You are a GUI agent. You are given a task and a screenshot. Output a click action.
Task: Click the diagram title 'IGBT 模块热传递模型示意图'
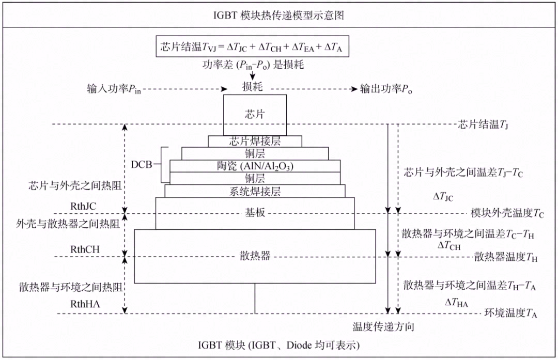pyautogui.click(x=279, y=15)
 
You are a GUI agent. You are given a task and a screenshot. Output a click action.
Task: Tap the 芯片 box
pyautogui.click(x=254, y=115)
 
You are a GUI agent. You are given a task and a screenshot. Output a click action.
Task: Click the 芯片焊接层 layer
pyautogui.click(x=255, y=141)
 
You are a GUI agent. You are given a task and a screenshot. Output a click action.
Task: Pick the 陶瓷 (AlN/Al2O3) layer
pyautogui.click(x=255, y=166)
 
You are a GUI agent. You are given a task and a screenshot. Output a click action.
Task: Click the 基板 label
pyautogui.click(x=255, y=212)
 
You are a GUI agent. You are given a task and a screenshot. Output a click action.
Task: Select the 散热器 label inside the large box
pyautogui.click(x=255, y=256)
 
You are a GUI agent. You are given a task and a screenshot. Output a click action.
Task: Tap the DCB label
pyautogui.click(x=142, y=165)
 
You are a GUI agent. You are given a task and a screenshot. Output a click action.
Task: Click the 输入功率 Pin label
pyautogui.click(x=114, y=88)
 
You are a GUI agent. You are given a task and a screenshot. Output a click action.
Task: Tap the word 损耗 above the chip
pyautogui.click(x=253, y=87)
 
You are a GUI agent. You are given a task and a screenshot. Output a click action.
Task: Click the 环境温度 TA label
pyautogui.click(x=509, y=313)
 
